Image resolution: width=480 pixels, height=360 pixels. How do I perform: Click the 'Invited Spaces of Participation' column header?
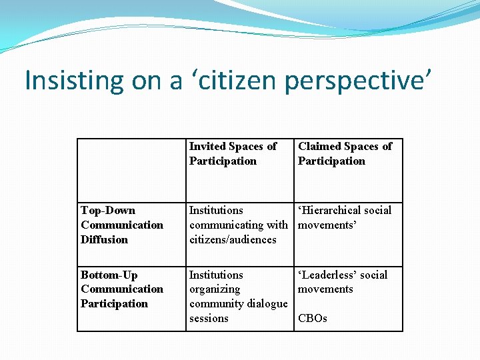(x=233, y=153)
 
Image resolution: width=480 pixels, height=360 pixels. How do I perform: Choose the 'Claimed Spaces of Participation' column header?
(x=345, y=153)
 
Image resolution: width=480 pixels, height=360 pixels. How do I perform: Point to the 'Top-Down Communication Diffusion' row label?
(x=122, y=225)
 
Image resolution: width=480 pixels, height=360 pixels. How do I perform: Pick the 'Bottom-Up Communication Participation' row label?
(x=122, y=289)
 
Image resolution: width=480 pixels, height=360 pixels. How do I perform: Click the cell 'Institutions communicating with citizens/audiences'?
(x=238, y=225)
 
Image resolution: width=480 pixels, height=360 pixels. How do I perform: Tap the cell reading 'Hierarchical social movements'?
(x=345, y=217)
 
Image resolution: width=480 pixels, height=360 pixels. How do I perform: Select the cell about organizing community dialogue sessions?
(x=238, y=297)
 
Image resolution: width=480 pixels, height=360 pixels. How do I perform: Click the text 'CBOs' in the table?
(x=313, y=319)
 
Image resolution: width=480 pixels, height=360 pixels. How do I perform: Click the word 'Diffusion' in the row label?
(x=104, y=239)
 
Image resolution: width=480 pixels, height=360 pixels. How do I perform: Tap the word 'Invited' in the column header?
(x=208, y=146)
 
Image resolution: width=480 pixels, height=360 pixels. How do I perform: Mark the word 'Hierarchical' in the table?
(x=333, y=210)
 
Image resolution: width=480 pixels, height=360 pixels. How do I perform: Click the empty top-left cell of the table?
(x=131, y=170)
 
